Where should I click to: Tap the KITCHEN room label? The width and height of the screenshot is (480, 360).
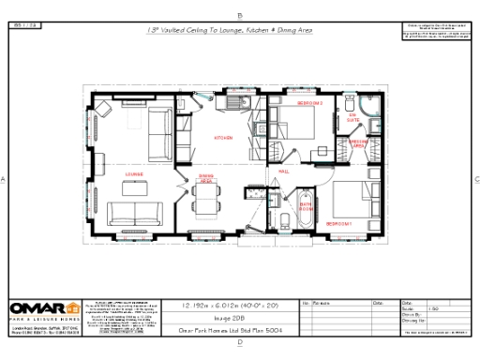click(223, 138)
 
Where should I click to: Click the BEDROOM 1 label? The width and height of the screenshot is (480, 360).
click(338, 224)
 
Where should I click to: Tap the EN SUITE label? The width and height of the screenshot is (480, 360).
click(353, 120)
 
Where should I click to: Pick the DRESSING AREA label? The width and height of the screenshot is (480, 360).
click(358, 143)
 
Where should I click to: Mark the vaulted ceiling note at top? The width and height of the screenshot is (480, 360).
click(229, 30)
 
